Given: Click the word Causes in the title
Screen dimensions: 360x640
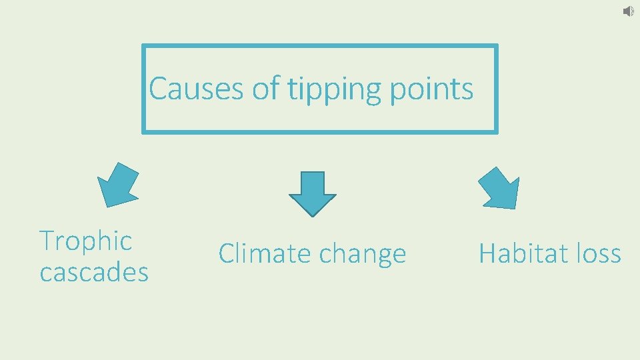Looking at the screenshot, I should (196, 88).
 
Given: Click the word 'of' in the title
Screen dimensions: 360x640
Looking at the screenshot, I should (265, 88).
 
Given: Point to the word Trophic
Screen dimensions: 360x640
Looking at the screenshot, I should (86, 241).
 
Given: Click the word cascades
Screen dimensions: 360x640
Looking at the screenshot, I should (94, 272).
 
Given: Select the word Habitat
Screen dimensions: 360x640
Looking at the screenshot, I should (516, 253).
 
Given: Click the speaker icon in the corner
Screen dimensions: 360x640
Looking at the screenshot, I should (628, 11).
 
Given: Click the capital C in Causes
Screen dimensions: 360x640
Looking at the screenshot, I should (157, 88).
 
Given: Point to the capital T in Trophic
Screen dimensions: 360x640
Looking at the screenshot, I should (47, 241).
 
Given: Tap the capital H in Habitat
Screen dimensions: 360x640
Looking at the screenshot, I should (487, 253).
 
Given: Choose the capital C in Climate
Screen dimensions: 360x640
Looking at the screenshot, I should (227, 253).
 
